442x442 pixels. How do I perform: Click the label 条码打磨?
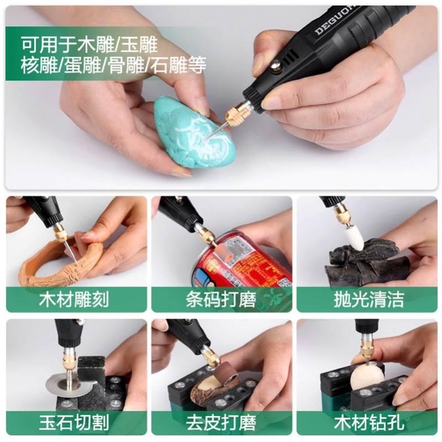221,300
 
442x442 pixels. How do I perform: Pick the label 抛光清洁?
369,300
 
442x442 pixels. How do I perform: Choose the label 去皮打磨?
221,423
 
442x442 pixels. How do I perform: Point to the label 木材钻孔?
369,423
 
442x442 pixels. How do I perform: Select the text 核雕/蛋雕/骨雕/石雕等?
113,65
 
